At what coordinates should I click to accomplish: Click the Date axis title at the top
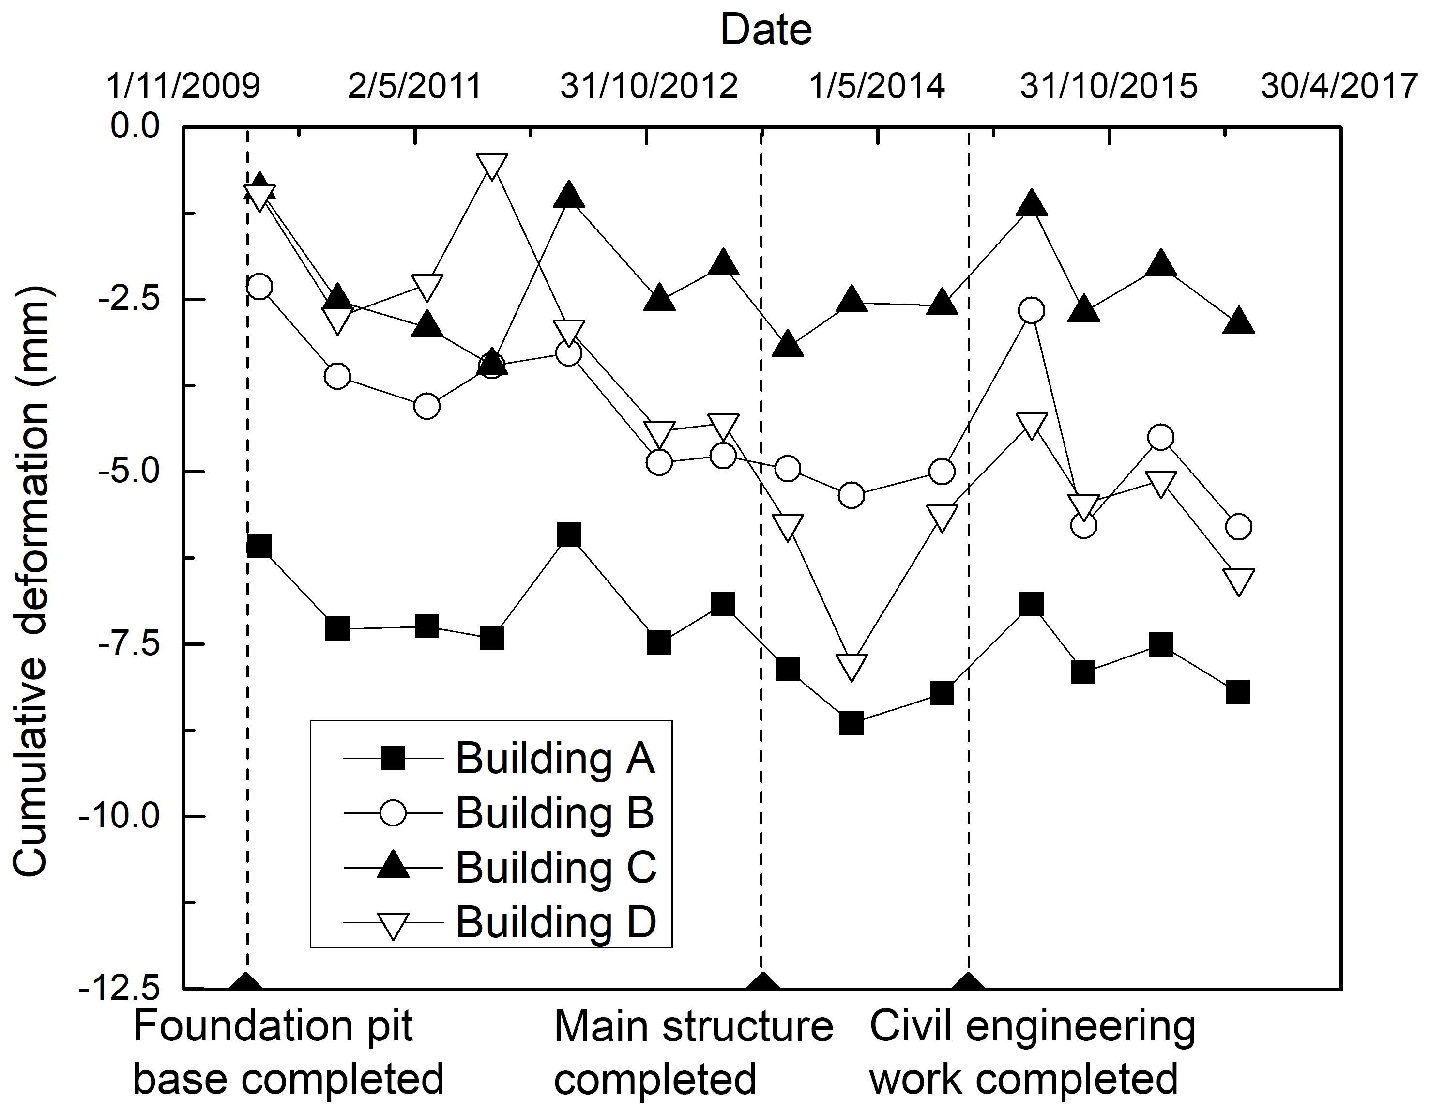[x=765, y=30]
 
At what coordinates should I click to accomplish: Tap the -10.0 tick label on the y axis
[x=119, y=816]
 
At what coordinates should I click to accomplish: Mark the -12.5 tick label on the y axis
[x=119, y=989]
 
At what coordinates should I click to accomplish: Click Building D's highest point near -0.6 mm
[x=492, y=166]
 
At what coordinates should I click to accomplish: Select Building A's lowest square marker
[x=851, y=723]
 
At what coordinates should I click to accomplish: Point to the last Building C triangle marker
[x=1238, y=321]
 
